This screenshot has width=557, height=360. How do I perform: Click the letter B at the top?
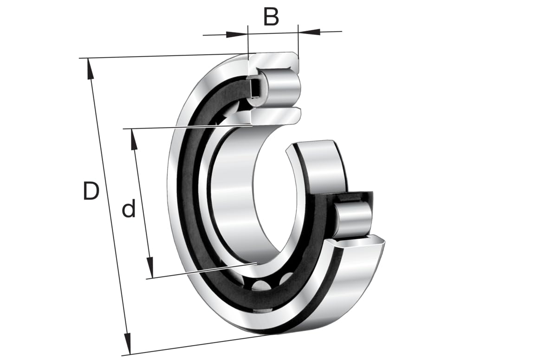(x=271, y=17)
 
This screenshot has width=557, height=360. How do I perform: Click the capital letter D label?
(x=91, y=191)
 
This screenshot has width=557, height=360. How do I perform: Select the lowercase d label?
(x=129, y=210)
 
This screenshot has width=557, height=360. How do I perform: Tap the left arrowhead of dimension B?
(x=237, y=34)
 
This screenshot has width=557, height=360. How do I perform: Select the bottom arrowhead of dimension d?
(x=150, y=268)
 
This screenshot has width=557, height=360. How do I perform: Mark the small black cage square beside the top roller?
(x=255, y=88)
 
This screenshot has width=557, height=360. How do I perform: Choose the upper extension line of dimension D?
(x=162, y=56)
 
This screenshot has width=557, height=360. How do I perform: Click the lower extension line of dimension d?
(x=200, y=271)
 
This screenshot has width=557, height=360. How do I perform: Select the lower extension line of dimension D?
(x=195, y=345)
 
